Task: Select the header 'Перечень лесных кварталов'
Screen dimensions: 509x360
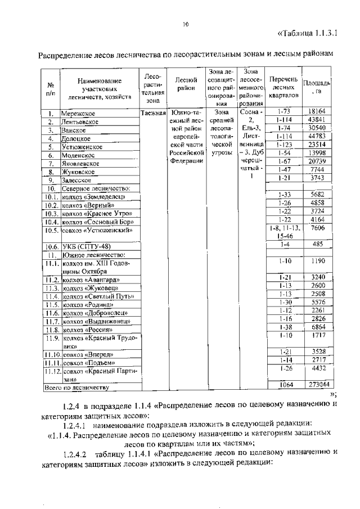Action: pos(283,87)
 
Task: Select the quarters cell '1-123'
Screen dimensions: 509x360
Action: pos(283,144)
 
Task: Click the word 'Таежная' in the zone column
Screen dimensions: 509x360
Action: pos(152,113)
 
